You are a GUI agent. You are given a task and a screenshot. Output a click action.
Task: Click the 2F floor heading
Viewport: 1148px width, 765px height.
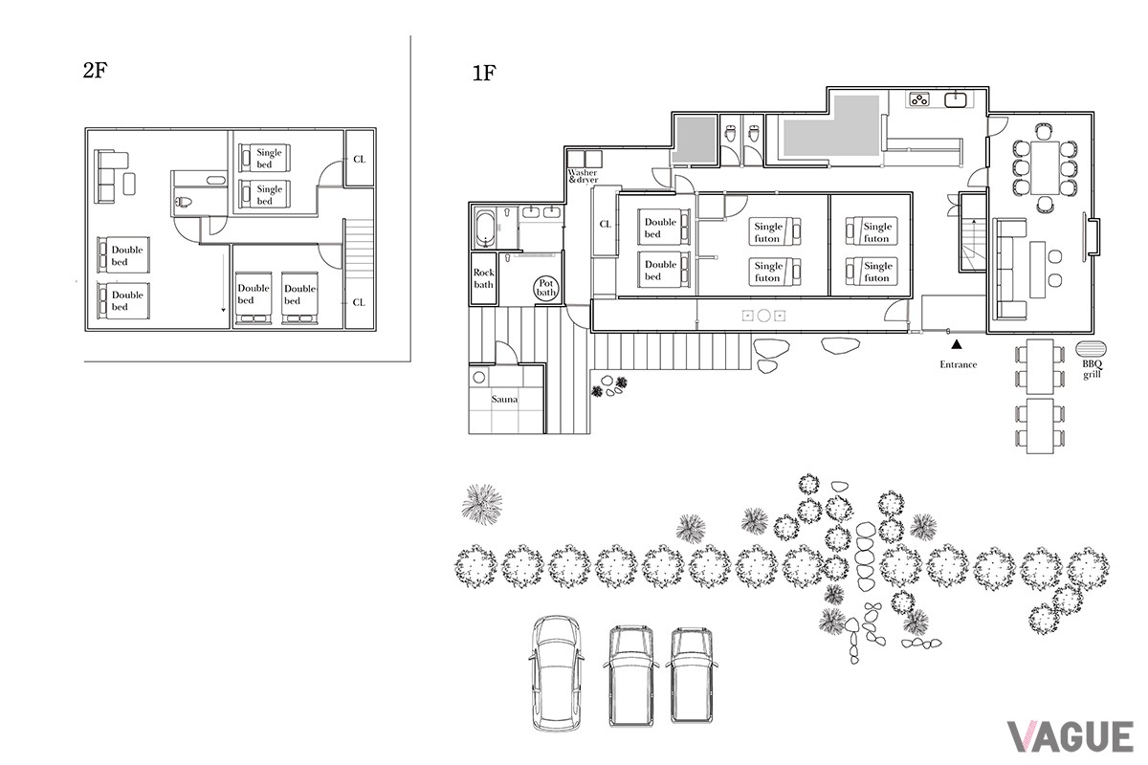pos(95,70)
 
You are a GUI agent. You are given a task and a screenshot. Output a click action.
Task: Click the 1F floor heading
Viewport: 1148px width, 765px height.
pos(484,74)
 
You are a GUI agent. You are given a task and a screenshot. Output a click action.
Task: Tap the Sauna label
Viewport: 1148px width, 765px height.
pos(504,399)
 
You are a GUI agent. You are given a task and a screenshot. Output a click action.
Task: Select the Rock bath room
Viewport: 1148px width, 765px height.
pos(483,278)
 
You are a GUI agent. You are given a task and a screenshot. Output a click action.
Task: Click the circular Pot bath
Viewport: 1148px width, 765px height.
pos(545,289)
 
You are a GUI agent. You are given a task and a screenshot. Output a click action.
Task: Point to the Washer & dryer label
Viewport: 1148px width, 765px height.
pos(583,176)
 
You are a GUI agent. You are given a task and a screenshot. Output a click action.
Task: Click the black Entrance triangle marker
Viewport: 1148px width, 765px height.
pos(957,345)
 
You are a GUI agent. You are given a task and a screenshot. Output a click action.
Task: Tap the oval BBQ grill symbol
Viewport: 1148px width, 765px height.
pos(1091,349)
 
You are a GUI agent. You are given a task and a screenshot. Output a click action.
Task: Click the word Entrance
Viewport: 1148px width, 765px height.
pos(958,364)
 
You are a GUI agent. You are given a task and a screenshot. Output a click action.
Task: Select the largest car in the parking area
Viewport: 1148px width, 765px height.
pos(557,672)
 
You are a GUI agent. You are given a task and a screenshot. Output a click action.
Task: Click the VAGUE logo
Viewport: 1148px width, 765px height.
pos(1071,736)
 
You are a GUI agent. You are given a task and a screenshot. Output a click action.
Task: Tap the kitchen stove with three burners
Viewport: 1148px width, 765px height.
pos(919,98)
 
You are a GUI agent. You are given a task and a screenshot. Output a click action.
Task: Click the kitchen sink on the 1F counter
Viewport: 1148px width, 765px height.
pos(956,99)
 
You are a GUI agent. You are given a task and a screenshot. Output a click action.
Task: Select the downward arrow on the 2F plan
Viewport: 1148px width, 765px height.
pos(224,283)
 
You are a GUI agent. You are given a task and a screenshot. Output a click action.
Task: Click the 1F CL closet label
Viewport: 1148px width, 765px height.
pos(606,224)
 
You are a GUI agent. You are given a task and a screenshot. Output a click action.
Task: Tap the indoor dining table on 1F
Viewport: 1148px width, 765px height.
pos(1045,167)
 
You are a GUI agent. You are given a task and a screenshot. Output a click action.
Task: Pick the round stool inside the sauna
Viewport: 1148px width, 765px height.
pos(478,378)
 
